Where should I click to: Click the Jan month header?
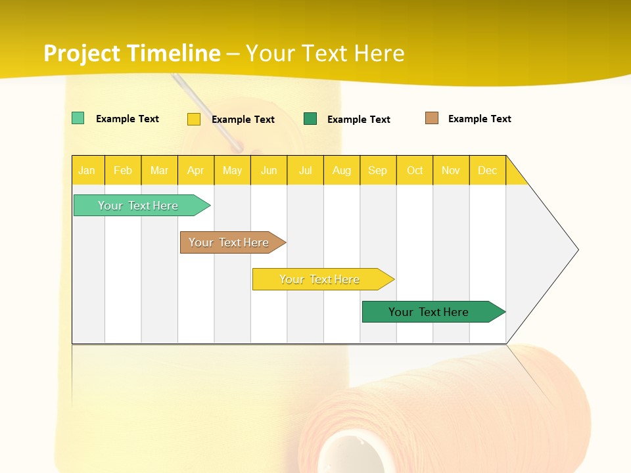click(87, 170)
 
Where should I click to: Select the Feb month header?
click(123, 170)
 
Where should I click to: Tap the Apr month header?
click(196, 170)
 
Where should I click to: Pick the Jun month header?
click(269, 170)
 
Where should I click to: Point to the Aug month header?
click(342, 170)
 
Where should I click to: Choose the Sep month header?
click(378, 170)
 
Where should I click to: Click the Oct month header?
click(415, 170)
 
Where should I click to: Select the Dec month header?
click(488, 170)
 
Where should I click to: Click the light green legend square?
click(78, 118)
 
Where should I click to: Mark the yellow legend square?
click(194, 119)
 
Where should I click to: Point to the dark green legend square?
click(310, 119)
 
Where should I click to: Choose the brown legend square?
click(432, 118)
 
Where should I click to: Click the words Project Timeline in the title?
click(132, 53)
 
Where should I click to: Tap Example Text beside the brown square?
click(480, 119)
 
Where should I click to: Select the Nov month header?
click(451, 170)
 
